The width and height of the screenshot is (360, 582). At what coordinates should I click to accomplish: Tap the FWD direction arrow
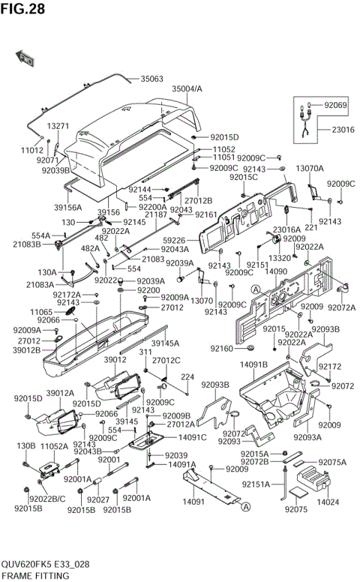coord(25,58)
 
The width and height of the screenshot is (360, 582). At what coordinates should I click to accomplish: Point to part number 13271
coord(58,126)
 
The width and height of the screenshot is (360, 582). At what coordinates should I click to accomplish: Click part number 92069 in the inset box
coord(335,106)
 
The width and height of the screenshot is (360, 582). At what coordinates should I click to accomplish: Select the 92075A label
coord(332,462)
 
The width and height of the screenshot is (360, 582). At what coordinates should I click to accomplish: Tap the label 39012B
coord(28,350)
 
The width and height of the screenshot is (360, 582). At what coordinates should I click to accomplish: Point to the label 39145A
coord(165,343)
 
